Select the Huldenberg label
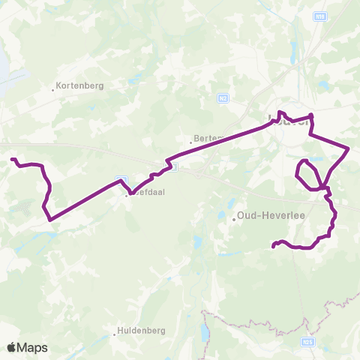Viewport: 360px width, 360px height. [x=138, y=331]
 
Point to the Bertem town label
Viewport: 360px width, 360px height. [x=205, y=139]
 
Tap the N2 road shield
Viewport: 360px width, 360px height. [x=223, y=97]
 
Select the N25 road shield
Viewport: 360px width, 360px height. [x=307, y=343]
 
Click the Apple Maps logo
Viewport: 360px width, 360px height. [x=27, y=347]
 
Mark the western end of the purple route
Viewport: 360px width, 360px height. [x=11, y=159]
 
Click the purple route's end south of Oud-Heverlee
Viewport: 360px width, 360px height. [x=272, y=245]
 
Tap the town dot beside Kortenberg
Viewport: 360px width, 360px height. [x=53, y=90]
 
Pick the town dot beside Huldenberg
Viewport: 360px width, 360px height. [x=115, y=331]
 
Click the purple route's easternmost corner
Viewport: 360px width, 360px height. [x=349, y=148]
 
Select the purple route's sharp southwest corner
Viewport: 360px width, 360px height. [x=49, y=220]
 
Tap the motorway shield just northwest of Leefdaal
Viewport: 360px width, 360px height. [x=120, y=181]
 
